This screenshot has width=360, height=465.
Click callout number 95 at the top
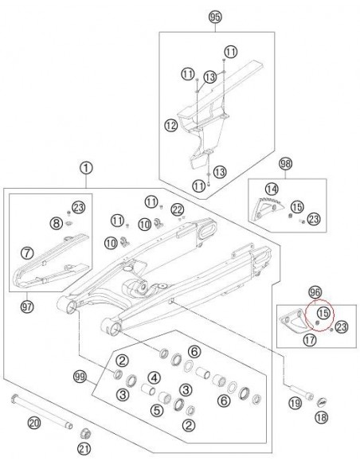click(x=215, y=18)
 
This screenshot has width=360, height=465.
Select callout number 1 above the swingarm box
click(x=86, y=169)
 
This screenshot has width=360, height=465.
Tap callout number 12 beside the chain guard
click(x=170, y=125)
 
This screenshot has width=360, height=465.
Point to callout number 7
click(x=27, y=253)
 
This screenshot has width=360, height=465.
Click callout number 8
click(x=57, y=223)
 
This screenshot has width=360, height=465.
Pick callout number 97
click(x=27, y=307)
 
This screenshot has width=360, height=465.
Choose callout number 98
click(x=286, y=163)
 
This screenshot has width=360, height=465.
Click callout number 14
click(x=272, y=189)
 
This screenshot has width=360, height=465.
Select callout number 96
click(x=315, y=293)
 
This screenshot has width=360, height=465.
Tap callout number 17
click(x=310, y=339)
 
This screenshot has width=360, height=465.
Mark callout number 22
click(x=178, y=210)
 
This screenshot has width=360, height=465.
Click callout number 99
click(x=80, y=377)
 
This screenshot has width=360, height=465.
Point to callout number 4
click(x=154, y=377)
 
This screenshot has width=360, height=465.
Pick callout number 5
click(x=157, y=410)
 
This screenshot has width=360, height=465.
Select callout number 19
click(x=295, y=403)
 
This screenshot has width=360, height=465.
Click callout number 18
click(x=321, y=417)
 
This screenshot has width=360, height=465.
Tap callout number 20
click(x=34, y=423)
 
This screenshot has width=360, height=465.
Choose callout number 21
click(x=84, y=449)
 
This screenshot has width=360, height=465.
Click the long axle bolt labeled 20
click(x=41, y=412)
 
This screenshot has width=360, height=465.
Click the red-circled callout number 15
click(x=323, y=313)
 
